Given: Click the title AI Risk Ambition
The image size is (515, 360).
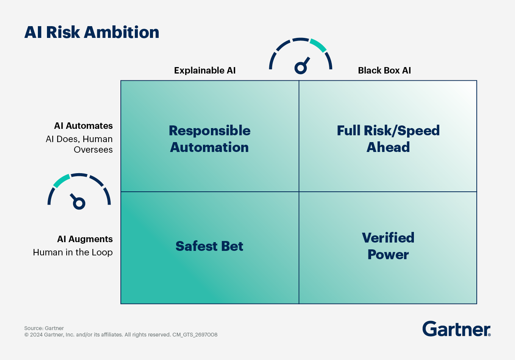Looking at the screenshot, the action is point(92,32).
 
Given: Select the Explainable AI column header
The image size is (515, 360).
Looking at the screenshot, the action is point(204,70).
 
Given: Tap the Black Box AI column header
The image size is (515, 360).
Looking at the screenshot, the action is point(384,70).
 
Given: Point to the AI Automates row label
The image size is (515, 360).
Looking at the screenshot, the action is point(83,126).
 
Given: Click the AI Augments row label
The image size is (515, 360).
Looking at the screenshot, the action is point(85,239).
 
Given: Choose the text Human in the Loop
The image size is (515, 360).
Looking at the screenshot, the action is point(73,252).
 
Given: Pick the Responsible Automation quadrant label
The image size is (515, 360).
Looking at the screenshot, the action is point(209,139).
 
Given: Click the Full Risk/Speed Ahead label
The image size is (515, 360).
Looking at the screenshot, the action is point(388,139).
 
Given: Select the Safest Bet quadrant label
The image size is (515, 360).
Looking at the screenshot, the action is point(209,246).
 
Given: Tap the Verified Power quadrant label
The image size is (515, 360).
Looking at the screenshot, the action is point(388,246).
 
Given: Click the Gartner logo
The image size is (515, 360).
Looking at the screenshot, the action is point(456,329).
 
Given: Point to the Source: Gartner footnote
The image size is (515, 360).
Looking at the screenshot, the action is point(44,328).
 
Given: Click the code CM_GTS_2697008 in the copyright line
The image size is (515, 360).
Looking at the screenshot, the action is point(195,335).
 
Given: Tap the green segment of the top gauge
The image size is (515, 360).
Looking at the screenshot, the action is point(318,45).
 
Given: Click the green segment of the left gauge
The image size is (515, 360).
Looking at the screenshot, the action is point(61,181).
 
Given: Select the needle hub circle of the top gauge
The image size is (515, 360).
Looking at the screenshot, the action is point(301,68).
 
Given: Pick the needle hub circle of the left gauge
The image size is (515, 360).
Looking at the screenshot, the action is point(79,203).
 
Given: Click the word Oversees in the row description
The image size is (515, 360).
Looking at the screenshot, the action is point(93,150).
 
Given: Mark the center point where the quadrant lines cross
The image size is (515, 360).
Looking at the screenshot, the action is point(299,192).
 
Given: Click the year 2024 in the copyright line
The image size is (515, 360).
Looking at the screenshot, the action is point(36,335).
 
